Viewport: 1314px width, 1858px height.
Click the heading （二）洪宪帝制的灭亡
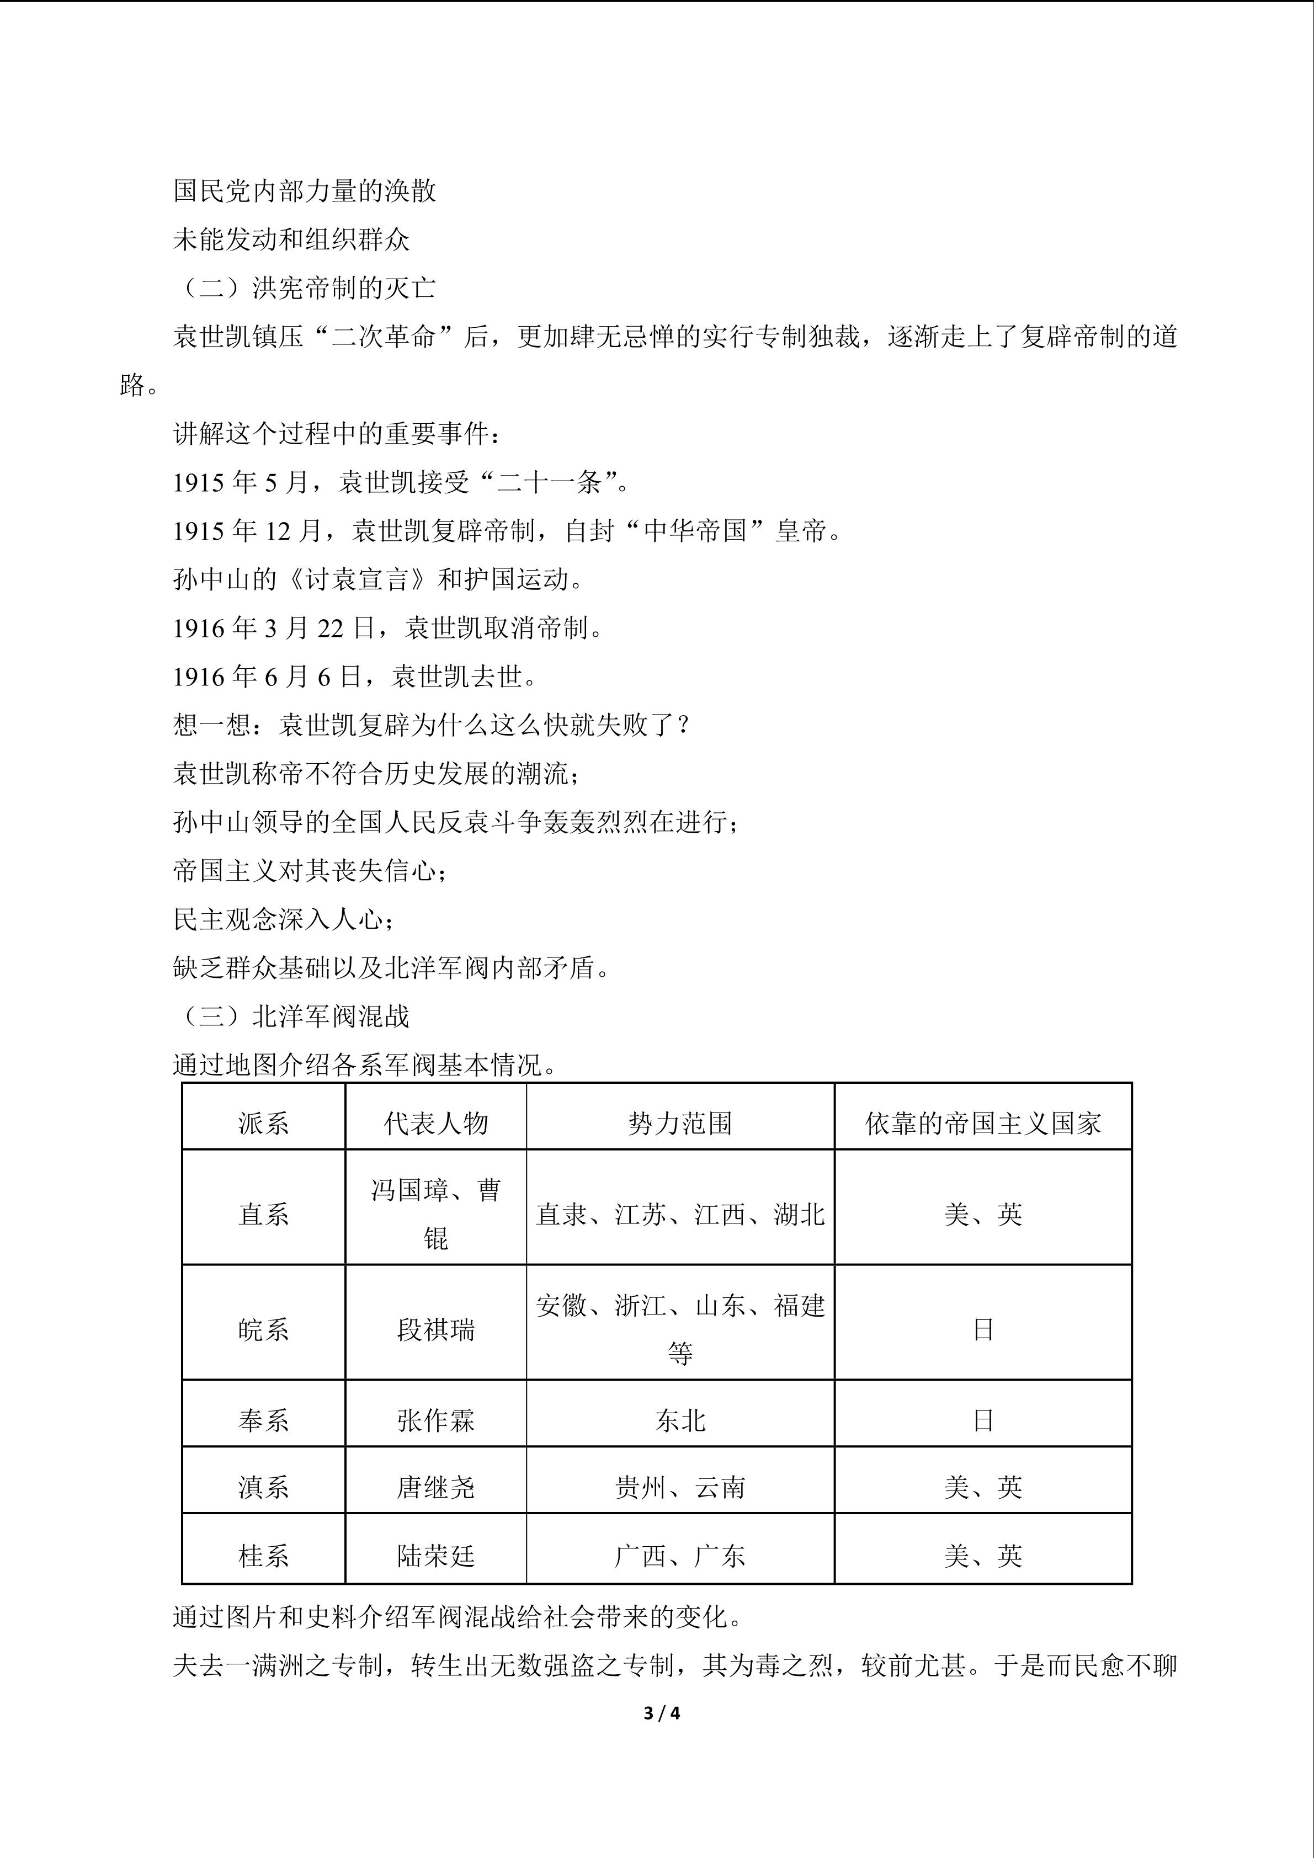pyautogui.click(x=305, y=288)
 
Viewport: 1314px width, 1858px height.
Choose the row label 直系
pyautogui.click(x=263, y=1214)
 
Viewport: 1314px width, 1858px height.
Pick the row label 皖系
pyautogui.click(x=263, y=1329)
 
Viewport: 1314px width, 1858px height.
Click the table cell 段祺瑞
pyautogui.click(x=435, y=1329)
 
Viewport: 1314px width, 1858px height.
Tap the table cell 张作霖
pyautogui.click(x=435, y=1420)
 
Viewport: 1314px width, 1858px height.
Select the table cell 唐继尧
pyautogui.click(x=435, y=1487)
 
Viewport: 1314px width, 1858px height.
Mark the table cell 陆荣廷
pyautogui.click(x=435, y=1556)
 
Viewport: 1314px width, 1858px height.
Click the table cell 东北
pyautogui.click(x=680, y=1420)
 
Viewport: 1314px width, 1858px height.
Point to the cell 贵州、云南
pyautogui.click(x=680, y=1487)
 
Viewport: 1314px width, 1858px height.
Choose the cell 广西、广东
pyautogui.click(x=680, y=1556)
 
